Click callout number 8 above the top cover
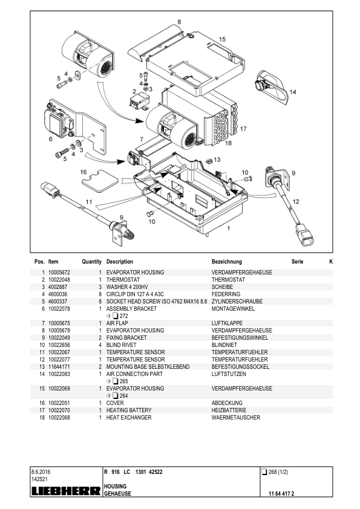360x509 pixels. pos(179,22)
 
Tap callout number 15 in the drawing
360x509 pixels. pos(222,39)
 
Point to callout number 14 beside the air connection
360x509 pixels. pos(292,92)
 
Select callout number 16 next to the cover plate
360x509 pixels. pos(84,172)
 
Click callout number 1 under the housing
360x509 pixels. pos(228,230)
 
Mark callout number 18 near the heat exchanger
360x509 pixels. pos(228,143)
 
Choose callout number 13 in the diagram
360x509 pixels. pos(217,160)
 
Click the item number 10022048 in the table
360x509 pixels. pos(59,280)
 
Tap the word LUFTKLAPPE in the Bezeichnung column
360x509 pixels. pos(227,323)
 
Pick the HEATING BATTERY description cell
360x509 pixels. pos(129,410)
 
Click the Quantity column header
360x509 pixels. pos(91,262)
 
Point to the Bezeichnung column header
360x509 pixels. pos(227,262)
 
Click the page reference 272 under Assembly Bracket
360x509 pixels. pos(123,316)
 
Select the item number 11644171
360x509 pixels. pos(59,367)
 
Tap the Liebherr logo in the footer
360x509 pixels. pos(65,491)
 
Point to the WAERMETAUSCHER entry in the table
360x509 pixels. pos(236,417)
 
